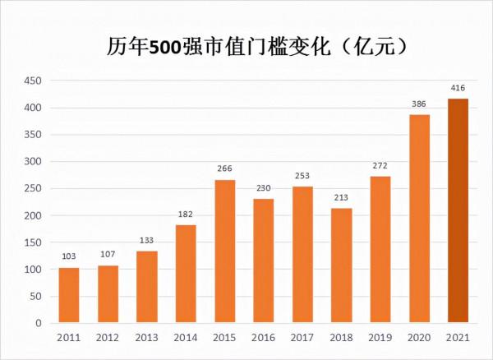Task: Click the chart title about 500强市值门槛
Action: click(246, 46)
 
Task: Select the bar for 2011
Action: click(69, 295)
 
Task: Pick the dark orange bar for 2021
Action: click(458, 210)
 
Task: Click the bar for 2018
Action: click(341, 265)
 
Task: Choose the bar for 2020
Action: click(419, 219)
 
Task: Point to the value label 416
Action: click(458, 87)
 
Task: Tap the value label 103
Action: click(69, 256)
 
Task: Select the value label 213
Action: click(341, 197)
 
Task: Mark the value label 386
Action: click(419, 104)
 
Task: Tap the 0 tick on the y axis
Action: click(37, 323)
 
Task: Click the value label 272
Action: click(380, 165)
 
